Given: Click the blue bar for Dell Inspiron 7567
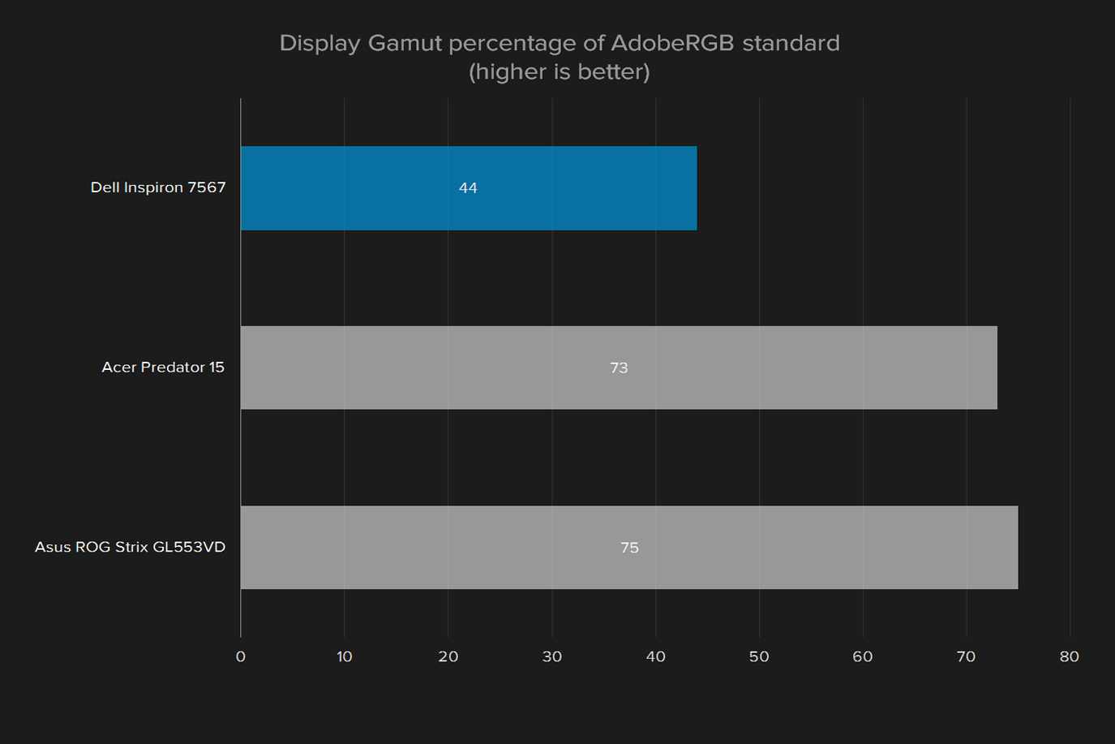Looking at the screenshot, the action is pos(469,187).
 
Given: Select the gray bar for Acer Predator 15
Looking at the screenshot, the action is pos(619,368).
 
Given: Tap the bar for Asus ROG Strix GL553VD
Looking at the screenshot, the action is pos(629,548).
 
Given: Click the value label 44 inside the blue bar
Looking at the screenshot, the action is pos(468,187).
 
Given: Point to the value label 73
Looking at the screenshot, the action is pos(619,368).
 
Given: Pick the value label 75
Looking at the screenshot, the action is pos(630,548).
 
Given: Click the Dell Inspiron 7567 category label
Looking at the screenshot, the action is pos(158,187).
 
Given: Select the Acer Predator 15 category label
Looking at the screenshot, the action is pos(163,367).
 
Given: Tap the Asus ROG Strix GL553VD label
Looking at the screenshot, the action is pos(130,547).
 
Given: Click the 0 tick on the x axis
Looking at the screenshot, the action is pos(240,657).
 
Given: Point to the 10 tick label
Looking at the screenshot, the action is pos(344,657).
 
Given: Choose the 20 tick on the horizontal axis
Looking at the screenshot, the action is pos(448,657).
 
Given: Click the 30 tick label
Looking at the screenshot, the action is pos(552,657).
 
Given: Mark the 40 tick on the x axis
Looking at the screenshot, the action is pos(655,657).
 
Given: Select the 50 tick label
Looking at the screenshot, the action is pos(759,657).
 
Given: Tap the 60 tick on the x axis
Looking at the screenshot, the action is pos(863,657).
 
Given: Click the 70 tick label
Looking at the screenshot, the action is pos(966,657).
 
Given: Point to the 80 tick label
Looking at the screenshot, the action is pos(1070,657).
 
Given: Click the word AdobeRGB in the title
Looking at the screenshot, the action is pos(672,43).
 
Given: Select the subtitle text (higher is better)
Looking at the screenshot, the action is pos(559,71).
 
